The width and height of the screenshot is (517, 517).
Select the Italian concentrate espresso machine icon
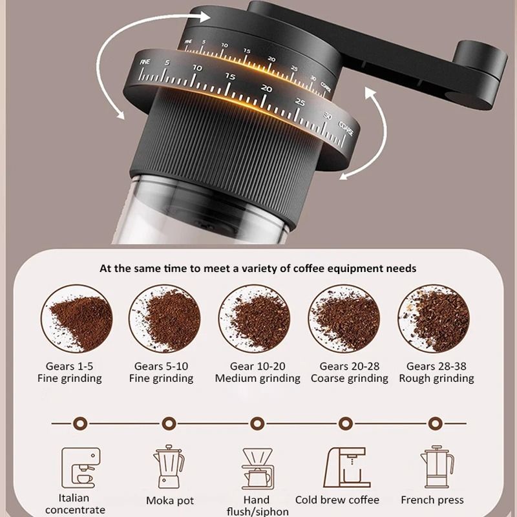click(79, 467)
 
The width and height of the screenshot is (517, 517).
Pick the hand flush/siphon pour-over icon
click(257, 468)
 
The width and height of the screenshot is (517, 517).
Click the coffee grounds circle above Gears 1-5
click(76, 318)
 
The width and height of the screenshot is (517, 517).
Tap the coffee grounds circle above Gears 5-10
click(165, 318)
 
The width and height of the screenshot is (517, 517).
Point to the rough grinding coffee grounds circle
click(433, 318)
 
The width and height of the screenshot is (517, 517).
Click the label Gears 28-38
click(436, 366)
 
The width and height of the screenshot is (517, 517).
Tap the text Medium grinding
click(257, 379)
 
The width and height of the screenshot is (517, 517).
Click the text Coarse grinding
click(349, 379)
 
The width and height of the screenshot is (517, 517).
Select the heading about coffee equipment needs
click(258, 268)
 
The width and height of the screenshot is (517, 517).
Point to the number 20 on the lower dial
click(266, 89)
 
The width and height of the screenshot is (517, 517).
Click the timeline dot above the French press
click(435, 423)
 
